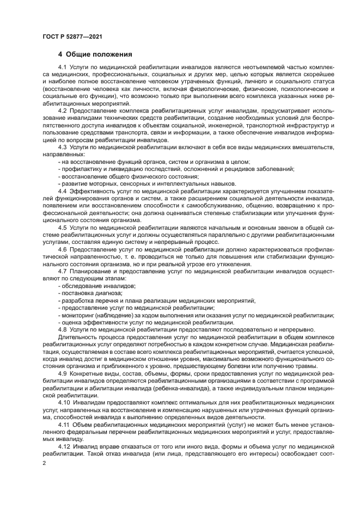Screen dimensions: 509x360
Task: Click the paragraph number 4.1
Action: (x=63, y=66)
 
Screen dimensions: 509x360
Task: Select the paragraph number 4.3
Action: (x=63, y=147)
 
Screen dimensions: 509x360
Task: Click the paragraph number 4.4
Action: (x=63, y=191)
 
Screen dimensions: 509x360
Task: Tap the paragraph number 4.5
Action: (x=63, y=228)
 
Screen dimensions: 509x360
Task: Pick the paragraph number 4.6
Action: (x=63, y=249)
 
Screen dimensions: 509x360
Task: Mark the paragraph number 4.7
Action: (x=63, y=271)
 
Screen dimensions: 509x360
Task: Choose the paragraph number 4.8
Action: (x=63, y=330)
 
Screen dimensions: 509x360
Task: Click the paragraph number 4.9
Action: (x=63, y=373)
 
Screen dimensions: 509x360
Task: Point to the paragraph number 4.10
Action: (x=64, y=403)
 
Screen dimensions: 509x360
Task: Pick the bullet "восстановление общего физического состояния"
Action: (x=129, y=176)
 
